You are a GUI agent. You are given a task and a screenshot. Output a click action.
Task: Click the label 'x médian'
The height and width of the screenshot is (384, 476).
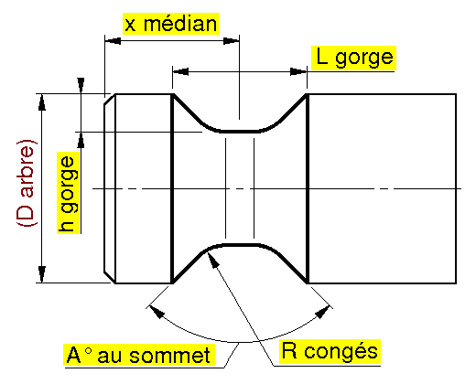pyautogui.click(x=171, y=24)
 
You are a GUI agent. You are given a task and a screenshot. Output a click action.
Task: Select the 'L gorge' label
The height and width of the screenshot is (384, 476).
pyautogui.click(x=354, y=58)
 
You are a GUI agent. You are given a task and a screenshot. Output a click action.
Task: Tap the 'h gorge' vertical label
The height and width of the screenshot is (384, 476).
pyautogui.click(x=69, y=193)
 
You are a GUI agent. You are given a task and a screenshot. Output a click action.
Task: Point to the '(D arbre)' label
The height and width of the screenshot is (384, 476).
pyautogui.click(x=27, y=183)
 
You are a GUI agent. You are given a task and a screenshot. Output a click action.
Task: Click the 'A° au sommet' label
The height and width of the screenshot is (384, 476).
pyautogui.click(x=139, y=355)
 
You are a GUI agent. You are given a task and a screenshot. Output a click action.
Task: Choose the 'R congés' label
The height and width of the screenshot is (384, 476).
pyautogui.click(x=330, y=352)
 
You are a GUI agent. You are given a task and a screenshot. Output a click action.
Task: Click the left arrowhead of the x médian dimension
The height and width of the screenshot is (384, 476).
pyautogui.click(x=113, y=41)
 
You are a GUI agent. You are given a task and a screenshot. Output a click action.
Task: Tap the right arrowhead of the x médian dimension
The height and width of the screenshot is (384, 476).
pyautogui.click(x=232, y=41)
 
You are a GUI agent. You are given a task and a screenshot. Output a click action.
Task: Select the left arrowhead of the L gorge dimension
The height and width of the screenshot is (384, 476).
pyautogui.click(x=180, y=72)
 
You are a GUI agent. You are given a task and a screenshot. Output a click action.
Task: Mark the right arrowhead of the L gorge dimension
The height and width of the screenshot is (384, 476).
pyautogui.click(x=298, y=72)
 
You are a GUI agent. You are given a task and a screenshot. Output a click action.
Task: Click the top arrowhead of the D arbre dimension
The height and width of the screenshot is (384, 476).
pyautogui.click(x=42, y=102)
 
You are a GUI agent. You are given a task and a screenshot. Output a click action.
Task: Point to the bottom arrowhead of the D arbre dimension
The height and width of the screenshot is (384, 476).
pyautogui.click(x=42, y=274)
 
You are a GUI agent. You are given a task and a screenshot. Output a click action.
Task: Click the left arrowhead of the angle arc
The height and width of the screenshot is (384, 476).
pyautogui.click(x=157, y=312)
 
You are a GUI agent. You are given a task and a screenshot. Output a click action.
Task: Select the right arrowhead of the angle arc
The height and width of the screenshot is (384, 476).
pyautogui.click(x=322, y=312)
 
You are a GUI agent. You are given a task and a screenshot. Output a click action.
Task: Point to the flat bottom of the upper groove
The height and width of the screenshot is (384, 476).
pyautogui.click(x=240, y=132)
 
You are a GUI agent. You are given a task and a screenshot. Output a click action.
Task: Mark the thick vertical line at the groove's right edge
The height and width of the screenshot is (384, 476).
pyautogui.click(x=308, y=188)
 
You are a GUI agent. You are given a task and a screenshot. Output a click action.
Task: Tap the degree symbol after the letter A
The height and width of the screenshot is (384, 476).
pyautogui.click(x=88, y=351)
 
